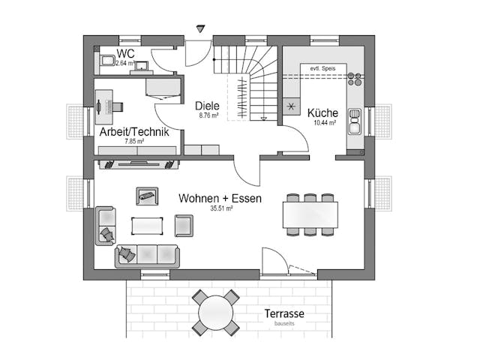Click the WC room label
pyautogui.click(x=125, y=54)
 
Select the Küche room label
pyautogui.click(x=323, y=112)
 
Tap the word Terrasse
pyautogui.click(x=284, y=313)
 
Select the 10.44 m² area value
pyautogui.click(x=324, y=121)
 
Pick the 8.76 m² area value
pyautogui.click(x=208, y=116)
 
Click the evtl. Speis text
pyautogui.click(x=322, y=69)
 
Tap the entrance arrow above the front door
pyautogui.click(x=199, y=29)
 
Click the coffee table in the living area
pyautogui.click(x=147, y=225)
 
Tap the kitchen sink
pyautogui.click(x=354, y=121)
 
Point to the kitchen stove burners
pyautogui.click(x=354, y=78)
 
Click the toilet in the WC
pyautogui.click(x=106, y=59)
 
